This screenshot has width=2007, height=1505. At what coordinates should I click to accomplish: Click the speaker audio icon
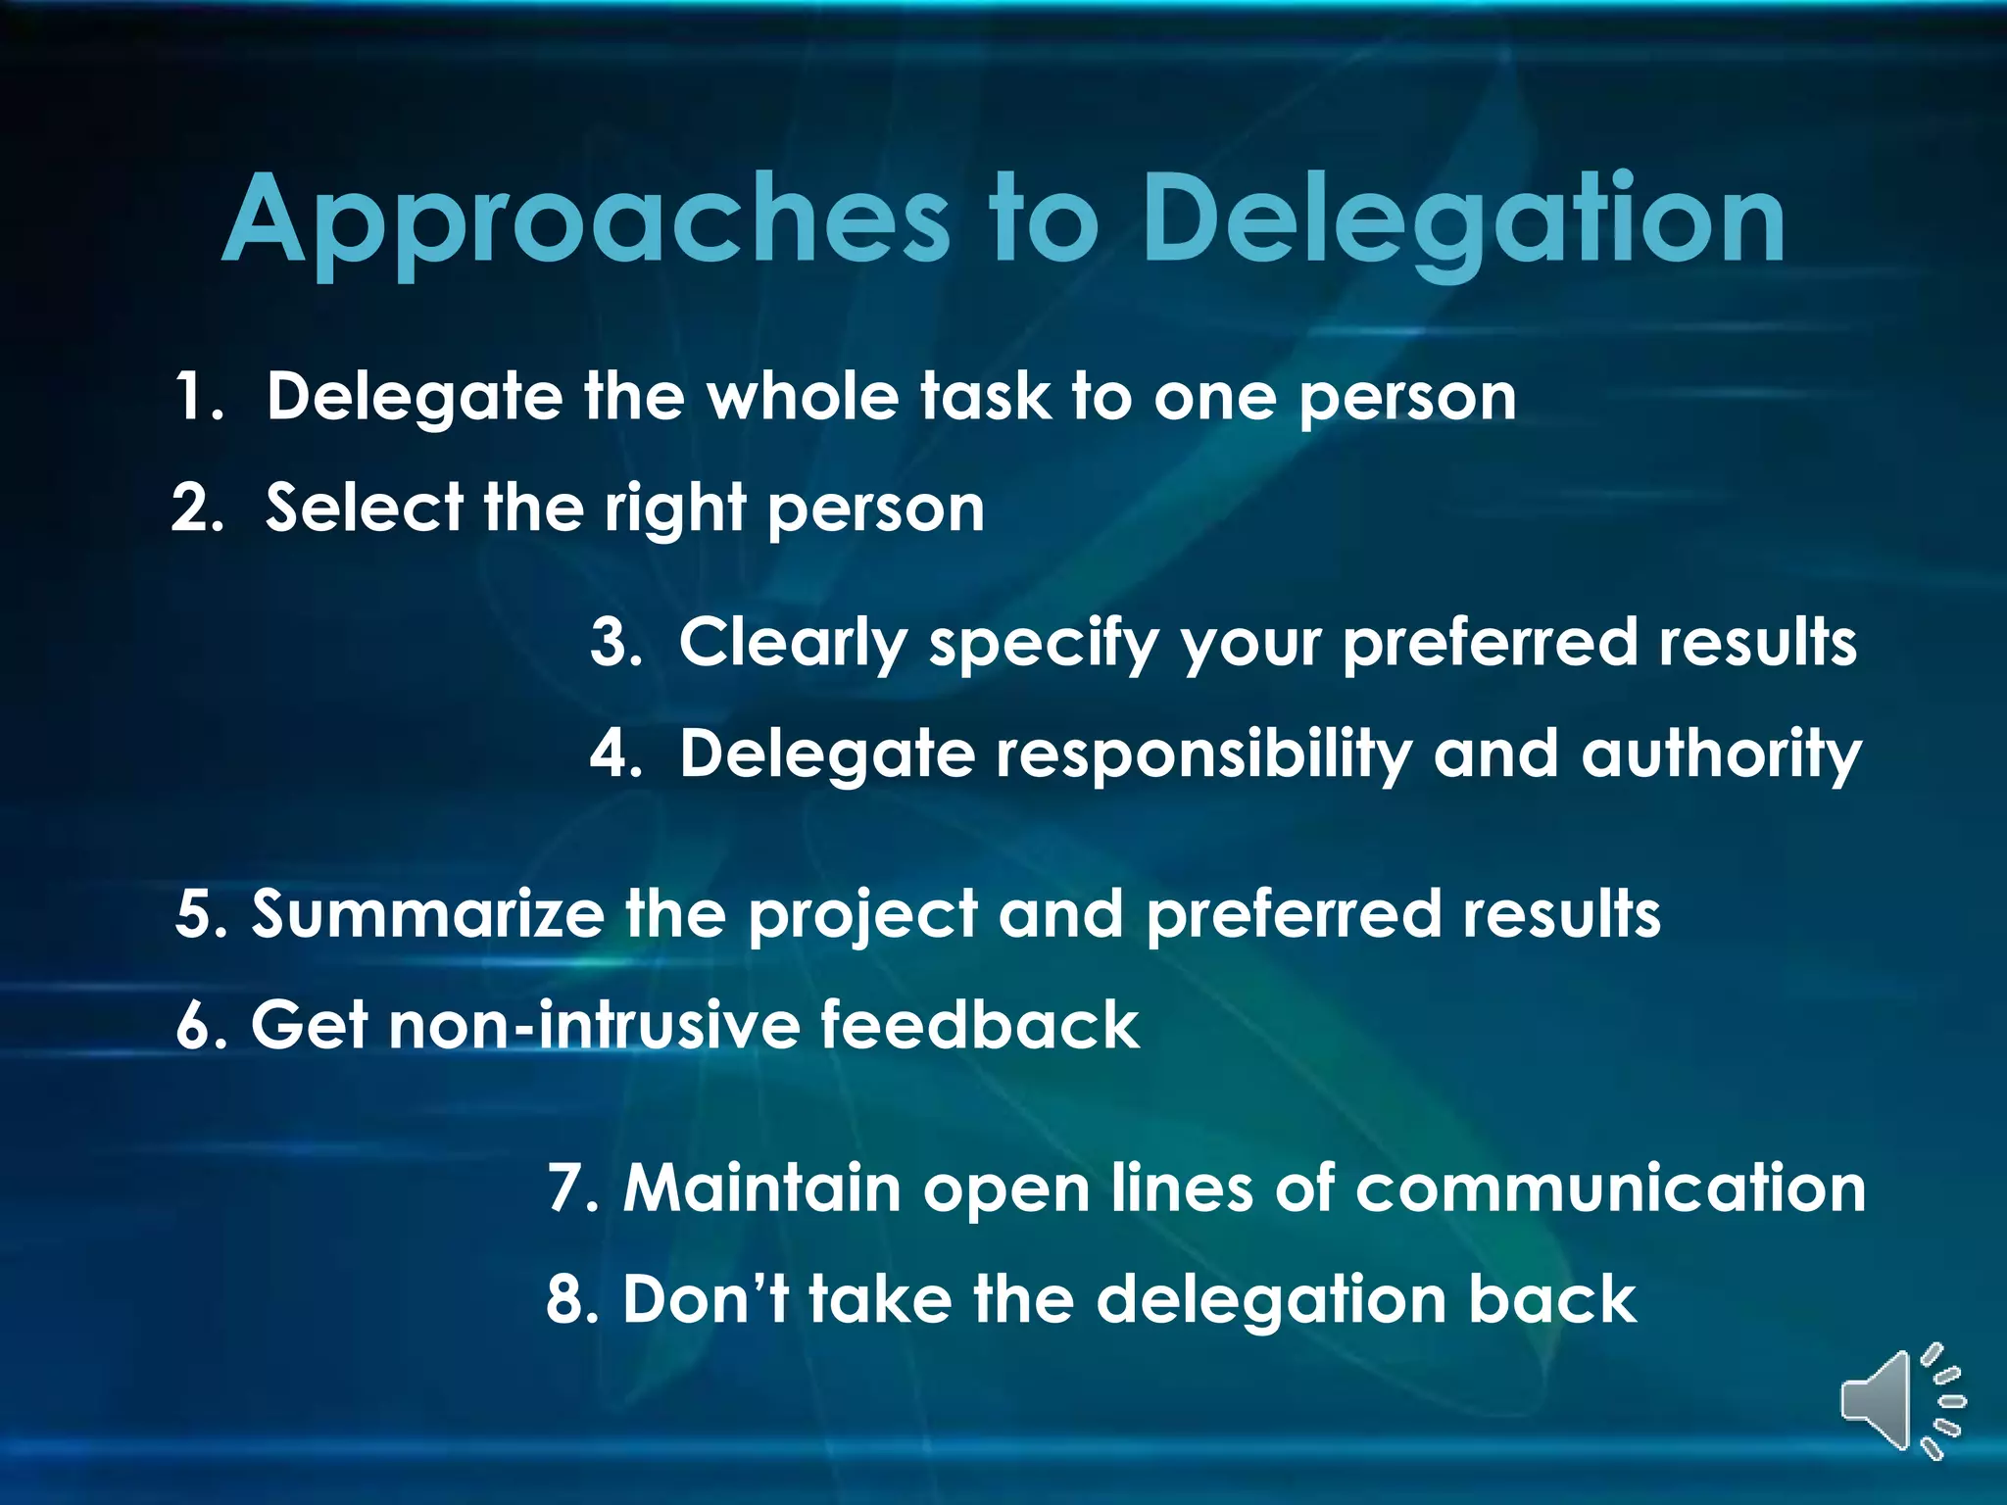point(1901,1401)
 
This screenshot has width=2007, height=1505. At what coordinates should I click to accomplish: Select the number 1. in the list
point(199,397)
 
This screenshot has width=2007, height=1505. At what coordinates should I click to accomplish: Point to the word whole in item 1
point(803,397)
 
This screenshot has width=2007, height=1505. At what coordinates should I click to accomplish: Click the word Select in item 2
point(364,509)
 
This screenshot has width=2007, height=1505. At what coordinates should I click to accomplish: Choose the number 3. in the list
point(615,643)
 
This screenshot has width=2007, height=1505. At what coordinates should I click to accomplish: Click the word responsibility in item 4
point(1204,754)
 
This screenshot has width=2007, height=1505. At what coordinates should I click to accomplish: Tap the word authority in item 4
point(1721,754)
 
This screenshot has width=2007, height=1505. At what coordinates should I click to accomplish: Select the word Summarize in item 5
point(428,914)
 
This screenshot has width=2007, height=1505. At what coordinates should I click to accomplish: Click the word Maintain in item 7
point(762,1189)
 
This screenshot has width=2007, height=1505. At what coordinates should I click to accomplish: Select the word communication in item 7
point(1610,1189)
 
